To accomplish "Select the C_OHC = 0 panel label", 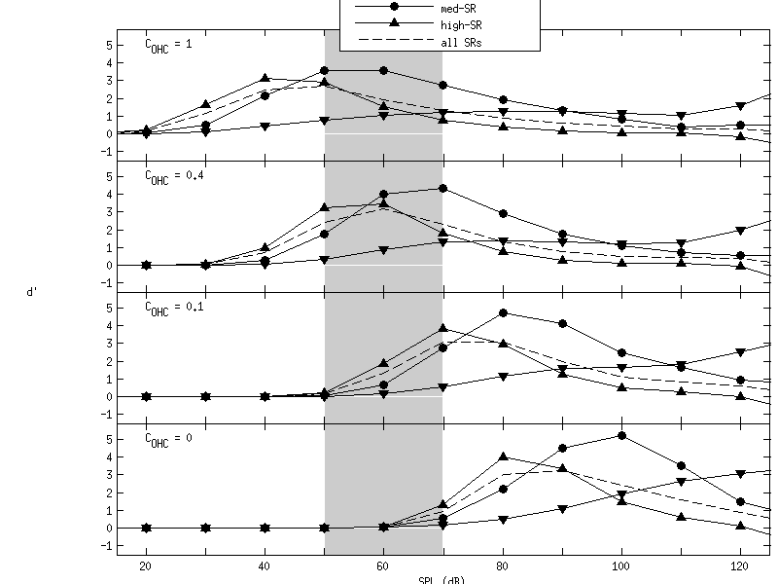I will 168,439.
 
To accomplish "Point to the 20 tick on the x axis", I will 146,566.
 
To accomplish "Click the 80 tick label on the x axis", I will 502,566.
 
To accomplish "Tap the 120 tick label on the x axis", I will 739,566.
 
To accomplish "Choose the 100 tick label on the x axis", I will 620,566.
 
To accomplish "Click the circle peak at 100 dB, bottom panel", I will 620,435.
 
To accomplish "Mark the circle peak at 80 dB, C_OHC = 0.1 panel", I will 502,312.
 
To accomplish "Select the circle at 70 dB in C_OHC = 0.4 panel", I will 442,188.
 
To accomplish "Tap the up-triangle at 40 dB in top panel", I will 265,78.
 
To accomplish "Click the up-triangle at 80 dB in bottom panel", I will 502,456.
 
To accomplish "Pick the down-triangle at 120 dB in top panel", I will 739,106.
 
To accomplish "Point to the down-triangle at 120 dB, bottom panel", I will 739,474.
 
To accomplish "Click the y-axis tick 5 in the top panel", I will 110,45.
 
